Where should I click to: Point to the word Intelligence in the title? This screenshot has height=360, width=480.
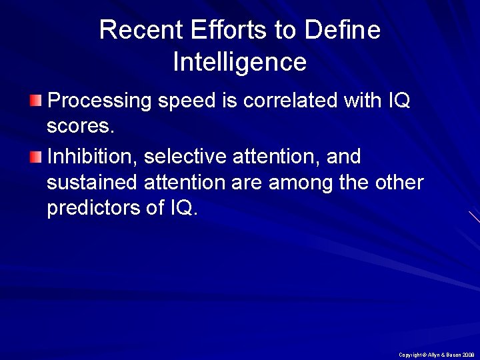coord(239,63)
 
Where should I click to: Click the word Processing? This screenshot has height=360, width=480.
coord(101,102)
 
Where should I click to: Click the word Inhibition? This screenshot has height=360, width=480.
coord(91,157)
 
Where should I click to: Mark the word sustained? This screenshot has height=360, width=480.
coord(91,182)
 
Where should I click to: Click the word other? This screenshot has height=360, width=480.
coord(398,182)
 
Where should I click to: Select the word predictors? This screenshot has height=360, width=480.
coord(91,208)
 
